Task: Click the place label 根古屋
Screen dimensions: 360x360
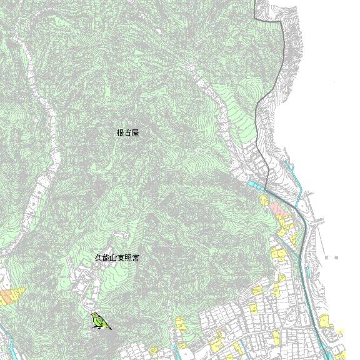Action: click(127, 133)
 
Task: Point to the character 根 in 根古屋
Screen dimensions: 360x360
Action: click(120, 133)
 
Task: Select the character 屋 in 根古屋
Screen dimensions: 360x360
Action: click(135, 133)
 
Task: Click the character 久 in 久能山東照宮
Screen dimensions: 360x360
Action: click(97, 257)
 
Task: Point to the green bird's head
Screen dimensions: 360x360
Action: click(94, 316)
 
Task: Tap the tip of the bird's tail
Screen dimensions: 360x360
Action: click(111, 328)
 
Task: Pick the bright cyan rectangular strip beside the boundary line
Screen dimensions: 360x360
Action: click(255, 185)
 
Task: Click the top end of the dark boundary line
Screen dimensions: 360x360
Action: click(256, 1)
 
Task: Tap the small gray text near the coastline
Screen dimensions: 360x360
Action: click(330, 257)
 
